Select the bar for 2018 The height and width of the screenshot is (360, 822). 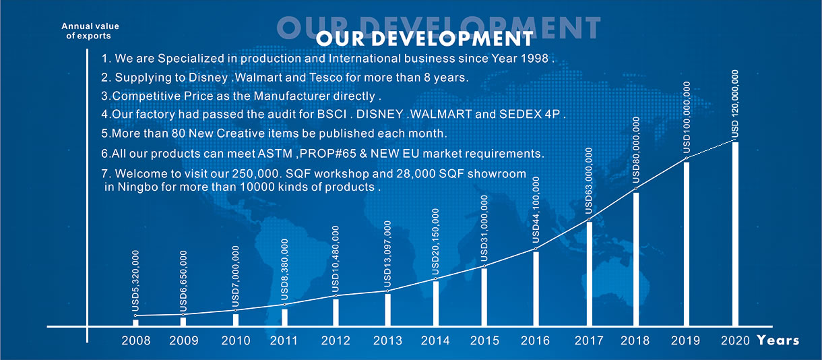[636, 260]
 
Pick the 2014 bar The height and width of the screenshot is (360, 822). [436, 303]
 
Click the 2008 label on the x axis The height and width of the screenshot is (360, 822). [135, 340]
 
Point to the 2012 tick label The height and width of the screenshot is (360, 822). [336, 340]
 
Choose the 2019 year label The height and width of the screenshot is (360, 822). [687, 340]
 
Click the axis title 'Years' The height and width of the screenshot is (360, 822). [778, 340]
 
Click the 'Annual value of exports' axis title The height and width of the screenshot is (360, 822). [86, 31]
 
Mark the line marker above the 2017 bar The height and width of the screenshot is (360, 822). [589, 220]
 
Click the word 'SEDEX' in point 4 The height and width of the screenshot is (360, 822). [513, 115]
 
